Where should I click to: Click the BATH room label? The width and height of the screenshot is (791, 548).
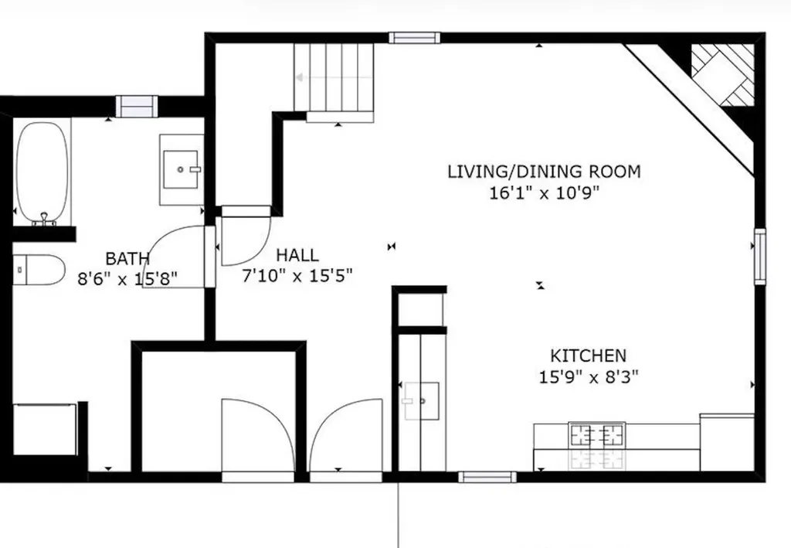(x=128, y=258)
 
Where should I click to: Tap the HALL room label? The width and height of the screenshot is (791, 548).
(x=297, y=255)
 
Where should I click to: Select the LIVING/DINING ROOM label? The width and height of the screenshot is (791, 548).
(x=544, y=171)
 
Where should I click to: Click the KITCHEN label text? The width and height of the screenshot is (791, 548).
(x=588, y=356)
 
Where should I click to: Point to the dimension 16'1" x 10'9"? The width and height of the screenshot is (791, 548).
(x=545, y=192)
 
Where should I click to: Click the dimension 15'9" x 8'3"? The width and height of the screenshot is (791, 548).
(x=589, y=377)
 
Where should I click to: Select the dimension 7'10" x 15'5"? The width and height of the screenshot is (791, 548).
(x=297, y=276)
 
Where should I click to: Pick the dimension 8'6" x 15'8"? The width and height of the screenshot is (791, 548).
(x=128, y=278)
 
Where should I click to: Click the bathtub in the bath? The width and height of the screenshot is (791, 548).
(x=43, y=172)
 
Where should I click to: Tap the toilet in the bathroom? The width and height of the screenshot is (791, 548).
(x=39, y=269)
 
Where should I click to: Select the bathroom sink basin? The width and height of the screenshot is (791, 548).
(x=182, y=168)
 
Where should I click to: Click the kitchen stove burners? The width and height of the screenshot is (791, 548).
(x=597, y=435)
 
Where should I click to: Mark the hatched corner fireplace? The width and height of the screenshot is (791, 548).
(x=722, y=73)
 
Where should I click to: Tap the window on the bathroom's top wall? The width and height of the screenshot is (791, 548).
(x=137, y=106)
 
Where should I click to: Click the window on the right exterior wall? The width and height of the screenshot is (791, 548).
(x=760, y=256)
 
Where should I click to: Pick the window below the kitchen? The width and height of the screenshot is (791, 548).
(x=487, y=477)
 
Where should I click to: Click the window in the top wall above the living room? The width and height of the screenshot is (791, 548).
(x=414, y=37)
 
